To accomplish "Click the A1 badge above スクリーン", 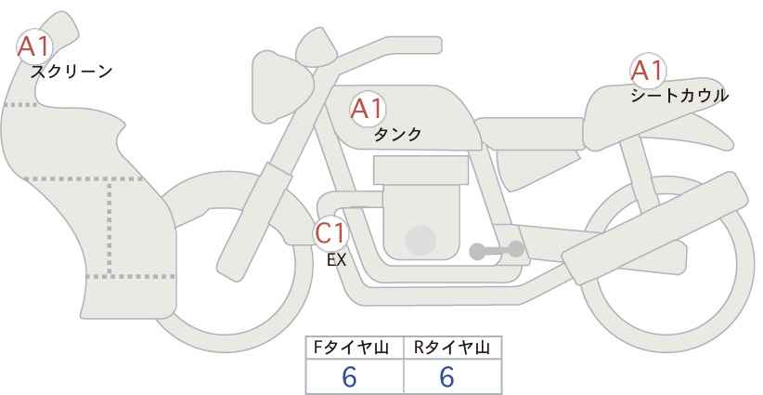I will coord(35,45).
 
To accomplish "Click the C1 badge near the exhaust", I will coord(330,232).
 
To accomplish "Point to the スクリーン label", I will coord(71,71).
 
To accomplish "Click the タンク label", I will coord(397,134).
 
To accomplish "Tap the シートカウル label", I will coord(679,95).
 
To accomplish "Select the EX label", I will coord(336,260).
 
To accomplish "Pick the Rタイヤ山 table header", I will coord(452,348).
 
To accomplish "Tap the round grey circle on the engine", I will coord(421,241).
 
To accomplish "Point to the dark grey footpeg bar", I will coord(497,250).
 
